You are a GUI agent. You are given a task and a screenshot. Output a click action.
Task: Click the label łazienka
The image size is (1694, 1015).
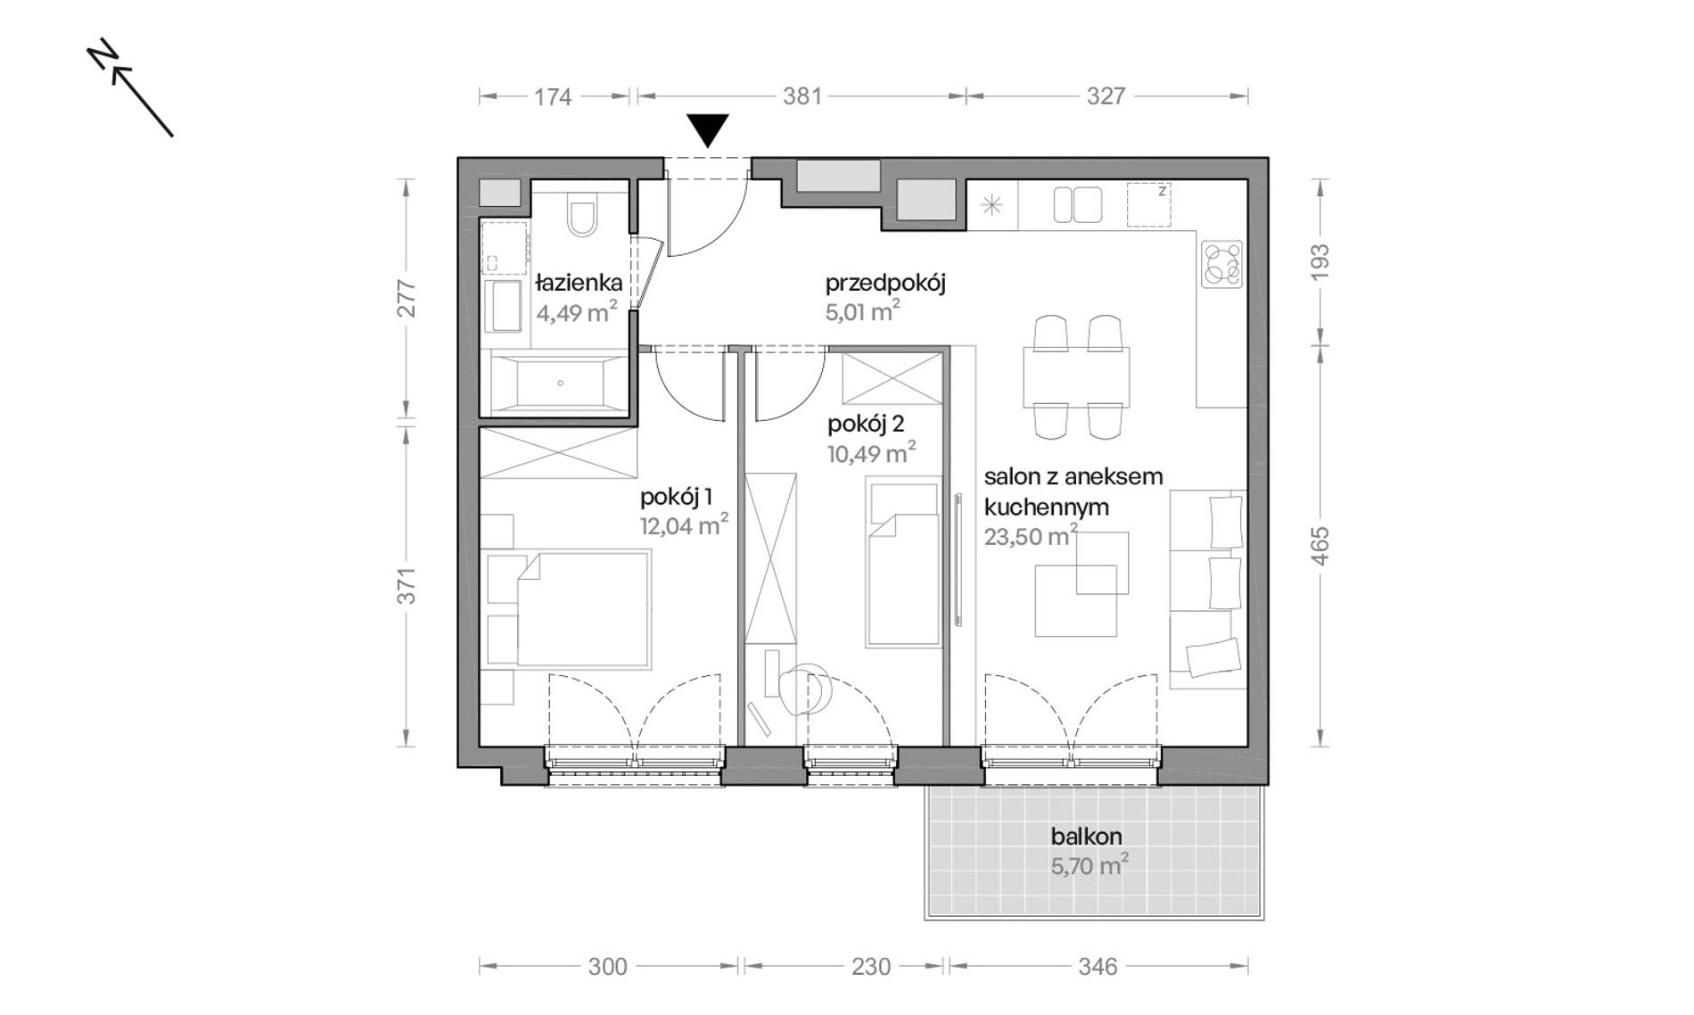579,284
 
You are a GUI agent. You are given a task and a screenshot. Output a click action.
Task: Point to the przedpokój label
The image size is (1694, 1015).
885,284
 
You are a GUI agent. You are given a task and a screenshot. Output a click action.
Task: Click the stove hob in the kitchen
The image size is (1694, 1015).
1221,264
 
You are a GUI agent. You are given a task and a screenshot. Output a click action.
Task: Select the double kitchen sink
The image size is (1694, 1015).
1078,205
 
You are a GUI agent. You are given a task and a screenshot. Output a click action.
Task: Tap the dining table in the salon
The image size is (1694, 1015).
1076,376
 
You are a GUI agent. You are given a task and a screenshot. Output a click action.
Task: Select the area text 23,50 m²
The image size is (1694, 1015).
1031,535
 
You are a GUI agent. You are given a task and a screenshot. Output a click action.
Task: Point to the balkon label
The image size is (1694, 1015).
1086,837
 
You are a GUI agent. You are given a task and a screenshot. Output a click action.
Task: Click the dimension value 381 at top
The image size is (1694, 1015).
802,96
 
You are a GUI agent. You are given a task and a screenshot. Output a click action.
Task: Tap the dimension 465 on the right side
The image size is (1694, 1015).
1321,546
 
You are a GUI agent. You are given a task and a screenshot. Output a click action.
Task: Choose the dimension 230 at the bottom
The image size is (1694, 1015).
871,967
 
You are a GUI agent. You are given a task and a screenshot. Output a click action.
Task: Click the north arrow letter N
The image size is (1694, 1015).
103,54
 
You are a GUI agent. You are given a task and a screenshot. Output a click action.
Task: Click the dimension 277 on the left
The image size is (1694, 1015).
407,299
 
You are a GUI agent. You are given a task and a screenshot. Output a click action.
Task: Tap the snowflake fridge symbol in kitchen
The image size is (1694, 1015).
991,206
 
